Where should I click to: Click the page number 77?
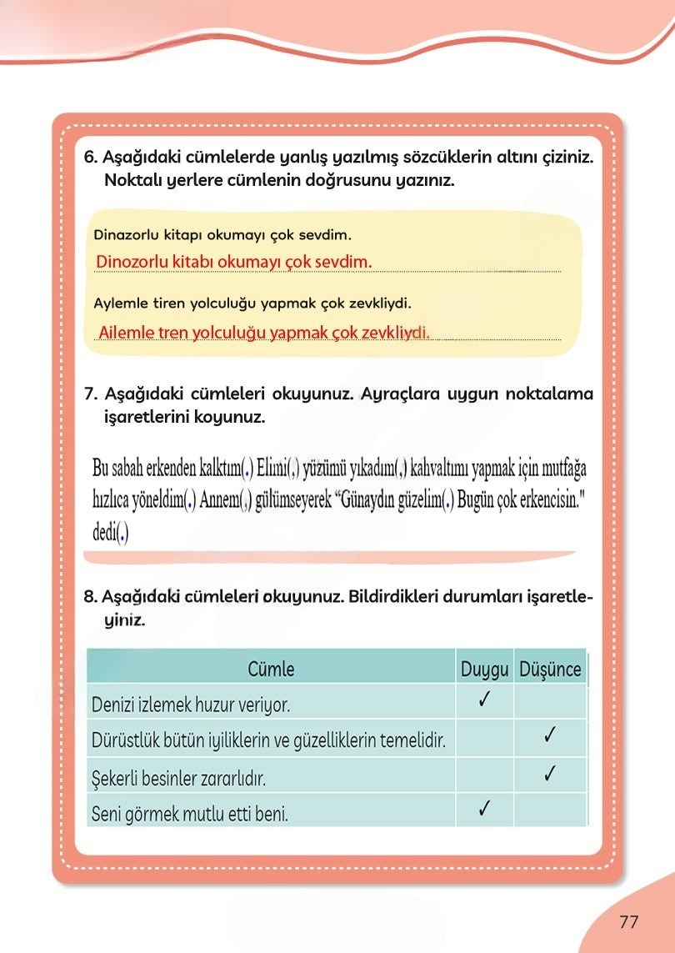coord(628,922)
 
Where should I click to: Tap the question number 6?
coord(91,158)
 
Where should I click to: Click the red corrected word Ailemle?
coord(127,333)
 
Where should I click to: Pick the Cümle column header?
coord(271,669)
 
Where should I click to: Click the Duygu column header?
coord(484,669)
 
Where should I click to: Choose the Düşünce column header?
coord(550,669)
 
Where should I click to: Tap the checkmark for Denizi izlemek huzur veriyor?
coord(484,701)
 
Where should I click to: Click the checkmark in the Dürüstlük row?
coord(549,736)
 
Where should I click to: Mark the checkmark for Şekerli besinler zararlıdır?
coord(549,773)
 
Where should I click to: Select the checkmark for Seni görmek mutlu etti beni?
coord(484,809)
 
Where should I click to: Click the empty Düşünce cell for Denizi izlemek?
coord(550,703)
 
